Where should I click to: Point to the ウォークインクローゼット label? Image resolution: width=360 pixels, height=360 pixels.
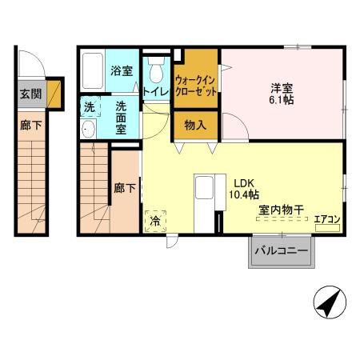[x=195, y=86]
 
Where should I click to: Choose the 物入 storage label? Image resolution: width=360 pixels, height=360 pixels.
[x=195, y=125]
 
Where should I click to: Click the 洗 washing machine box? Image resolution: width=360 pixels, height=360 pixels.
[x=90, y=106]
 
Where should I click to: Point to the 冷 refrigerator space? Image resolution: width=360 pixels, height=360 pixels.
[x=154, y=221]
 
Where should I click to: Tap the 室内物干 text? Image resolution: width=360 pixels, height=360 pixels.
[x=279, y=210]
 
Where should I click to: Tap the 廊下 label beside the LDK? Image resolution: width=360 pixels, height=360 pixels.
[x=124, y=189]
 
